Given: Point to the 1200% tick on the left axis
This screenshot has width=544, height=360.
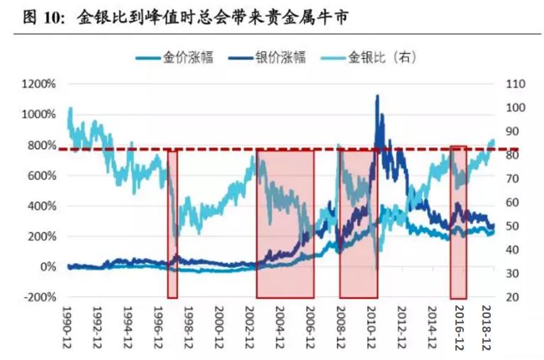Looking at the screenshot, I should pyautogui.click(x=39, y=84).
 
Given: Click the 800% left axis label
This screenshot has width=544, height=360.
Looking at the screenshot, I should pyautogui.click(x=43, y=145).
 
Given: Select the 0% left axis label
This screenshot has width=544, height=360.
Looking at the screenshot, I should pyautogui.click(x=48, y=268).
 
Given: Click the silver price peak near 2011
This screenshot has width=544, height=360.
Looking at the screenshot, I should pyautogui.click(x=377, y=96).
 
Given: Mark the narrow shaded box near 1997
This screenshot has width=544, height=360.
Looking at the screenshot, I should pyautogui.click(x=172, y=224).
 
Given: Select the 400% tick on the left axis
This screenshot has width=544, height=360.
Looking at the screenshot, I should pyautogui.click(x=43, y=206).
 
